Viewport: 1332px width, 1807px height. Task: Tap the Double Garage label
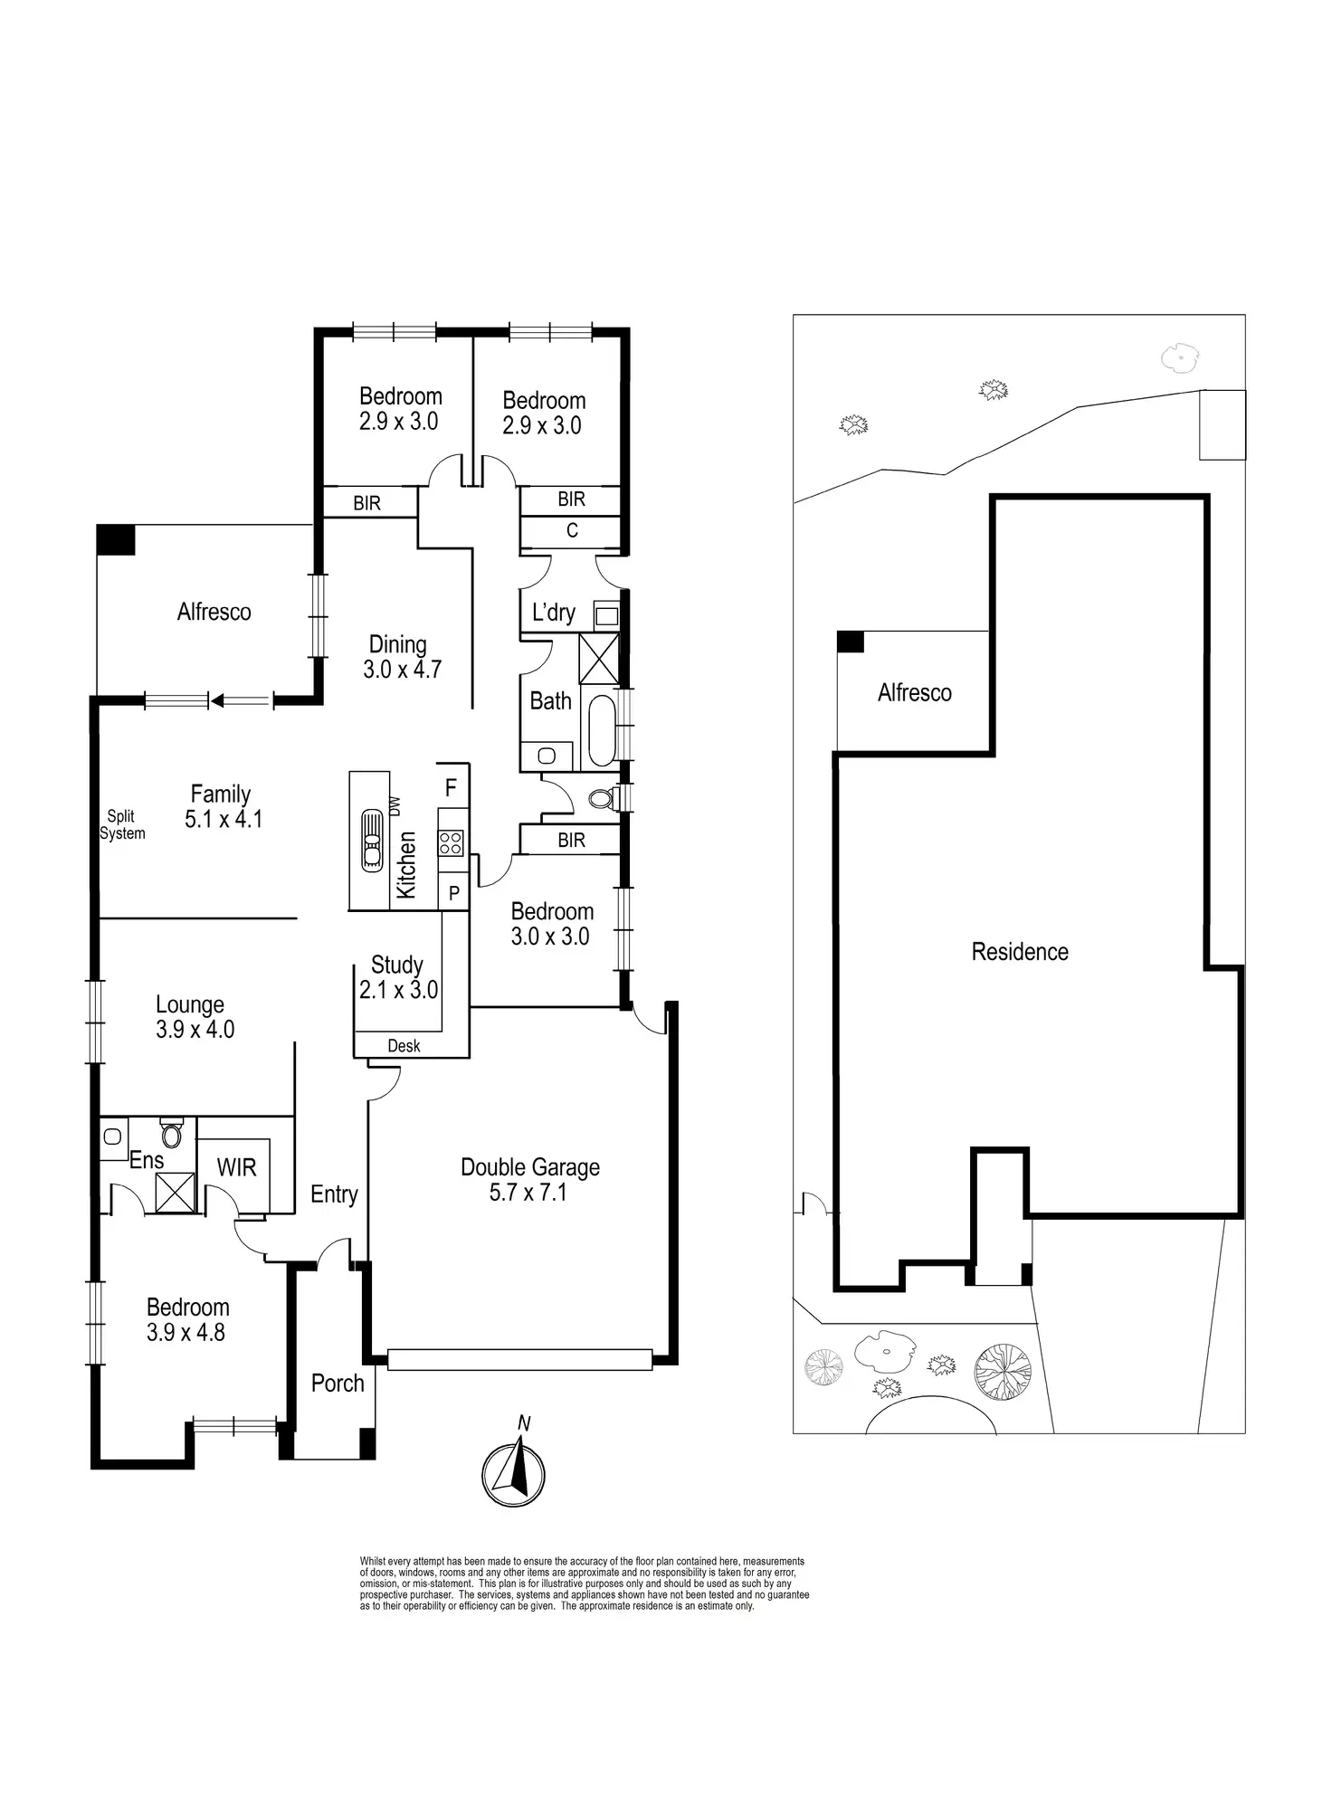pos(529,1180)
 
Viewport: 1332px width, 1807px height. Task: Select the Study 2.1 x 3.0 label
pos(398,977)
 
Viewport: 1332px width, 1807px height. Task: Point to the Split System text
pos(122,825)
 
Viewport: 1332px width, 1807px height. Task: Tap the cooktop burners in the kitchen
pos(452,843)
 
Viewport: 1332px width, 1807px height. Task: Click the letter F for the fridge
pos(451,788)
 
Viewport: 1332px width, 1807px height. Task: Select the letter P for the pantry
pos(454,893)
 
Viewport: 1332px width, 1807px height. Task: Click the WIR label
pos(236,1168)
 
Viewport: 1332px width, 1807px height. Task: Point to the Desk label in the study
pos(404,1046)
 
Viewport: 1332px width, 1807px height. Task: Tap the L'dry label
pos(553,613)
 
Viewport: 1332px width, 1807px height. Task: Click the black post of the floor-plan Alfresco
pos(115,540)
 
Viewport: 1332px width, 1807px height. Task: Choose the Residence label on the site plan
pos(1020,952)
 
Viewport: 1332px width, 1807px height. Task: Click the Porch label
pos(338,1384)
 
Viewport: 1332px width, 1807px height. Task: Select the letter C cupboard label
pos(572,530)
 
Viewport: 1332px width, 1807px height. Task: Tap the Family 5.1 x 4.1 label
pos(222,806)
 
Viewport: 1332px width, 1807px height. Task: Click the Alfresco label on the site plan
pos(914,693)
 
